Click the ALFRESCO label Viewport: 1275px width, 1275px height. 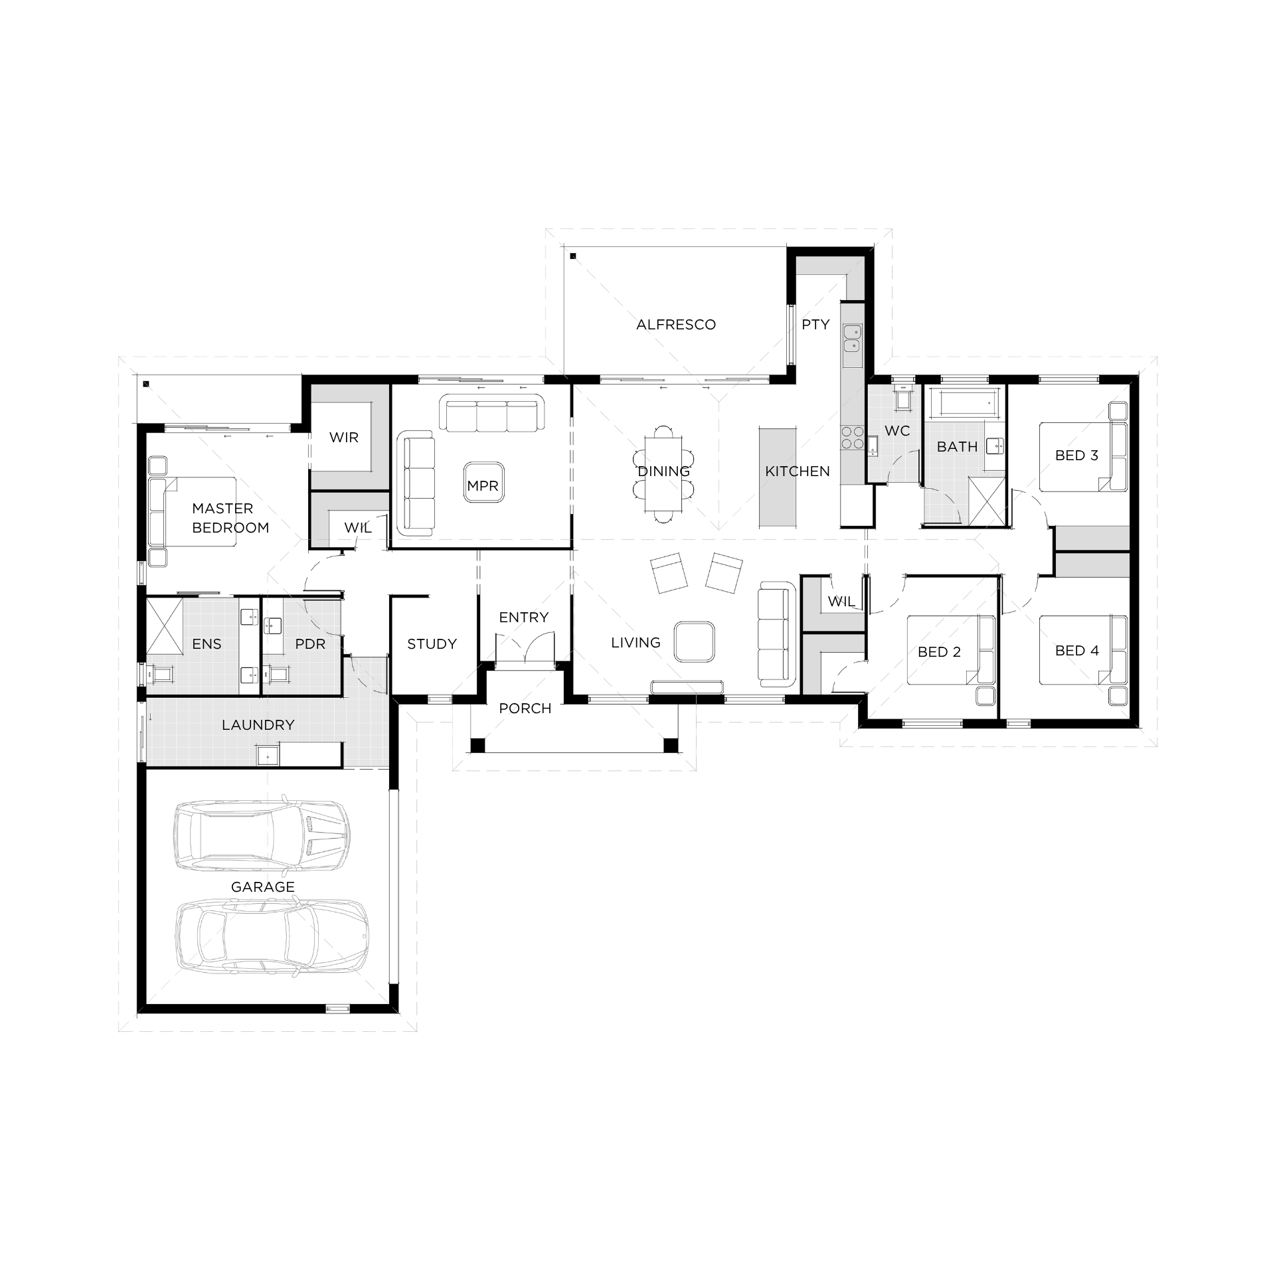click(x=676, y=325)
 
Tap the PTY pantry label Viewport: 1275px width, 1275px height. click(x=815, y=325)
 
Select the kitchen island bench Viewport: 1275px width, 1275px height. click(x=778, y=478)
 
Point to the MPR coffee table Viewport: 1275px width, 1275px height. click(x=483, y=486)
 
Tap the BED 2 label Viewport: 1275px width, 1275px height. click(x=939, y=652)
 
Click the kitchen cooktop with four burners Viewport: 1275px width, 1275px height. click(x=853, y=438)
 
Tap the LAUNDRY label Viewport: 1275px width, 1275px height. click(x=258, y=725)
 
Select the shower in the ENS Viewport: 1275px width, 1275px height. click(x=164, y=626)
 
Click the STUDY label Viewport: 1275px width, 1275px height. click(x=432, y=644)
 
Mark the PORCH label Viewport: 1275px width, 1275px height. click(x=525, y=709)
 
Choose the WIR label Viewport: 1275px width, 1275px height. click(x=344, y=438)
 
